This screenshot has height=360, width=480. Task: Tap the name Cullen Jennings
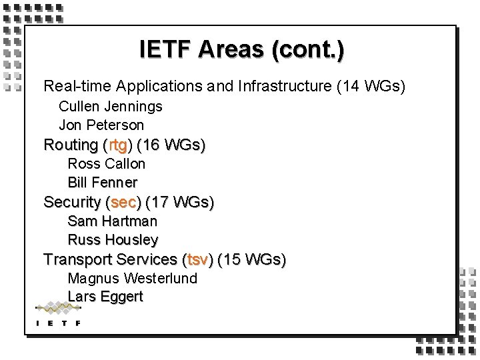point(111,106)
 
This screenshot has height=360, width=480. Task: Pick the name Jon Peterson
point(101,125)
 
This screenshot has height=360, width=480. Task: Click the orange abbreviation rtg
point(118,145)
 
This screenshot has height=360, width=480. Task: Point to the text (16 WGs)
point(171,145)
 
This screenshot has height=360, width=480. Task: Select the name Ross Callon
point(107,163)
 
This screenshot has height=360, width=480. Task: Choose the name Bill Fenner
point(103,182)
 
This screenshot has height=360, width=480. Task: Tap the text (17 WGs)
point(179,202)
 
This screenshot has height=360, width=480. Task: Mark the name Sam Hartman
point(113,221)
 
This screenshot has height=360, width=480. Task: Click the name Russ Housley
point(113,239)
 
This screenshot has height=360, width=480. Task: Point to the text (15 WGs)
point(251,259)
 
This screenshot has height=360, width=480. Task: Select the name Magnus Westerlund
point(133,278)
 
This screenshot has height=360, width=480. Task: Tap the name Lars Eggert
point(105,297)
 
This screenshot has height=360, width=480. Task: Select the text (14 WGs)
point(371,86)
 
